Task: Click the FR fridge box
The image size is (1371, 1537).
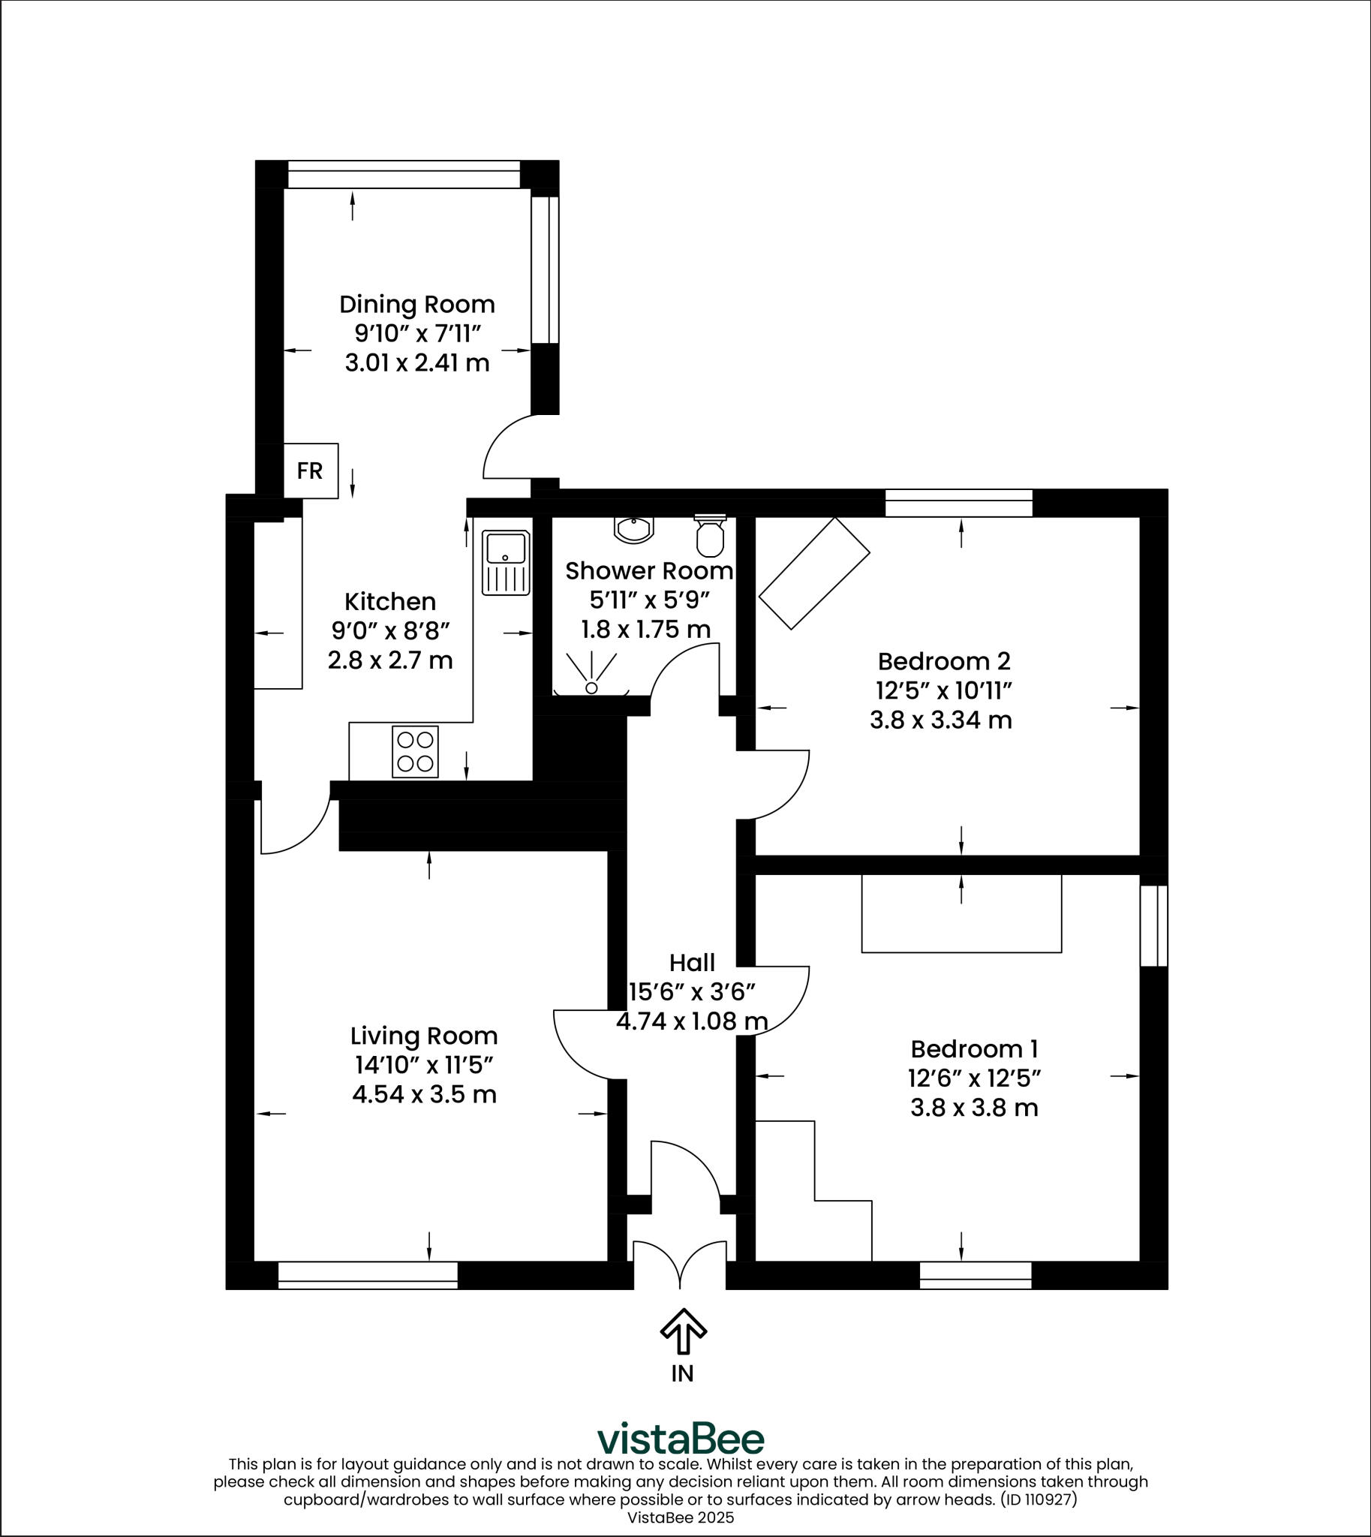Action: coord(311,471)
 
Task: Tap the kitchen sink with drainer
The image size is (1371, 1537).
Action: coord(507,563)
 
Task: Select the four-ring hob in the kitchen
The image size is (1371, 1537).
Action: coord(415,751)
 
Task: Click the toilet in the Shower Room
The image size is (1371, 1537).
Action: coord(710,536)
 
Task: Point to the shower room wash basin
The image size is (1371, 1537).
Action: coord(633,530)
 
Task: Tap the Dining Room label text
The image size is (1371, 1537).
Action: coord(416,305)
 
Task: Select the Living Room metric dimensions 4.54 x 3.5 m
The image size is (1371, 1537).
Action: coord(424,1094)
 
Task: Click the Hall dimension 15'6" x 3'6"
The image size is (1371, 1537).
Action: coord(692,992)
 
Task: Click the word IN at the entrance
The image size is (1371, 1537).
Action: coord(682,1373)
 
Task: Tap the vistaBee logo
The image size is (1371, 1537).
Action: coord(680,1439)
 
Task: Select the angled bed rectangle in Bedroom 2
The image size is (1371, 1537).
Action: coord(814,573)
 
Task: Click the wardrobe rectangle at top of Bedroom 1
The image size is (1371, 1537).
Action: coord(961,913)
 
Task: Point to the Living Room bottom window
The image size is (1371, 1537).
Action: coord(368,1276)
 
